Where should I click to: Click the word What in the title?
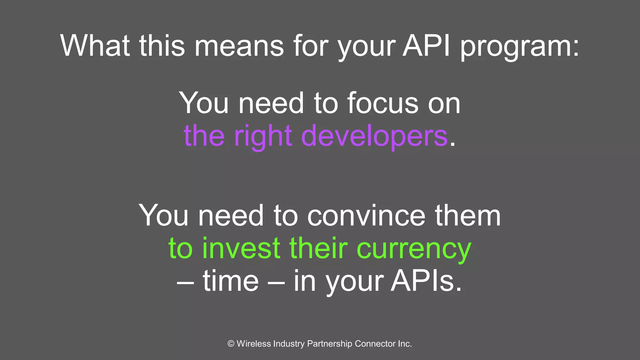click(95, 46)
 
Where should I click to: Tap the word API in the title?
click(426, 46)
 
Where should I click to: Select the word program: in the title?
click(520, 47)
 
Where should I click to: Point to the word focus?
click(382, 103)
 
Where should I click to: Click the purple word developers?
click(374, 136)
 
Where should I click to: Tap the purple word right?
click(263, 136)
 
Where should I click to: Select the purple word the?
click(204, 136)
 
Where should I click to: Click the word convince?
click(366, 216)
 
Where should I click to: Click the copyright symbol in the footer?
click(231, 344)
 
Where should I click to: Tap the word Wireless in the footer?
click(254, 344)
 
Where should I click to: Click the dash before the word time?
click(185, 282)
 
